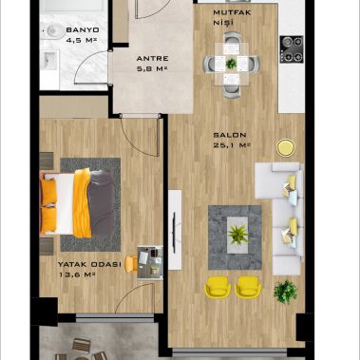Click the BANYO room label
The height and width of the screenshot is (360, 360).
[83, 30]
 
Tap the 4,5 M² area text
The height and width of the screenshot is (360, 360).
[82, 40]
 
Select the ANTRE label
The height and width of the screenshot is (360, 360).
[152, 59]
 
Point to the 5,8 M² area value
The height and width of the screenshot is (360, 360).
[152, 68]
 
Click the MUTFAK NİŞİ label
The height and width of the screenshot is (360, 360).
[232, 17]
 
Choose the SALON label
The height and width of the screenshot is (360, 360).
[230, 135]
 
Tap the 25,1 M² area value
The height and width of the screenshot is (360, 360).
[232, 145]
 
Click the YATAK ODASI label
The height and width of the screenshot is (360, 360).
[89, 264]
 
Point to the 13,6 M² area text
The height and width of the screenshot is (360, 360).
[77, 275]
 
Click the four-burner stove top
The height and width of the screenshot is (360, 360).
[292, 49]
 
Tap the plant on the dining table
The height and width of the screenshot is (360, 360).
[232, 64]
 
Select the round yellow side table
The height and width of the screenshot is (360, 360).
[286, 148]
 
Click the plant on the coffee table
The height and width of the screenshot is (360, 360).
[238, 235]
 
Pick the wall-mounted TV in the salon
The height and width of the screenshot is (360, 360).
[174, 233]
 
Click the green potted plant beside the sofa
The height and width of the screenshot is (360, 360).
[285, 292]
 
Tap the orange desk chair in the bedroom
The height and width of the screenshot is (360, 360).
[130, 264]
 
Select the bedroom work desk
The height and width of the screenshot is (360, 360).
[150, 263]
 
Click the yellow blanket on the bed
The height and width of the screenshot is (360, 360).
[82, 203]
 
